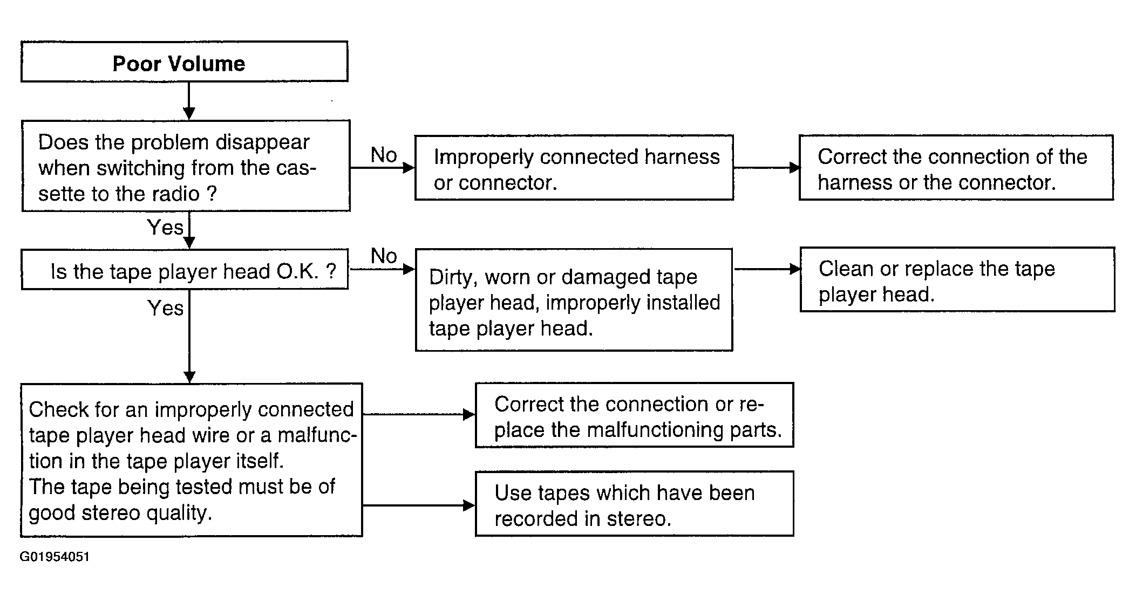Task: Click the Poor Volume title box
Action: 184,61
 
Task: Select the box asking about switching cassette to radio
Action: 186,166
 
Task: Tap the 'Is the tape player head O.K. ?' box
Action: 185,269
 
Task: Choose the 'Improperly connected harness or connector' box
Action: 574,168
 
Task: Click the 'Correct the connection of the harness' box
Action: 956,168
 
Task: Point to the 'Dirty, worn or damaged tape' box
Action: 574,300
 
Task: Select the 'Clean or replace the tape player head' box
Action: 957,279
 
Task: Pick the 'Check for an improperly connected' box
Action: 192,460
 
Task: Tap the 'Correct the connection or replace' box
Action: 634,415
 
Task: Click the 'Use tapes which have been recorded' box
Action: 634,504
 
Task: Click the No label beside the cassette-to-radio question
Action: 384,155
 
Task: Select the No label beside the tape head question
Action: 384,256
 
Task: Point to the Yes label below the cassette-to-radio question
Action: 165,227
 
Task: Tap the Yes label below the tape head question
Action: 165,308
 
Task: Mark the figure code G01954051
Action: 55,557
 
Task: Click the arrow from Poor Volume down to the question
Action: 189,101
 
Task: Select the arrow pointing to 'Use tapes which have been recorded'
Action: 419,505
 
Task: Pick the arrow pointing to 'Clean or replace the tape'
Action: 767,269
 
